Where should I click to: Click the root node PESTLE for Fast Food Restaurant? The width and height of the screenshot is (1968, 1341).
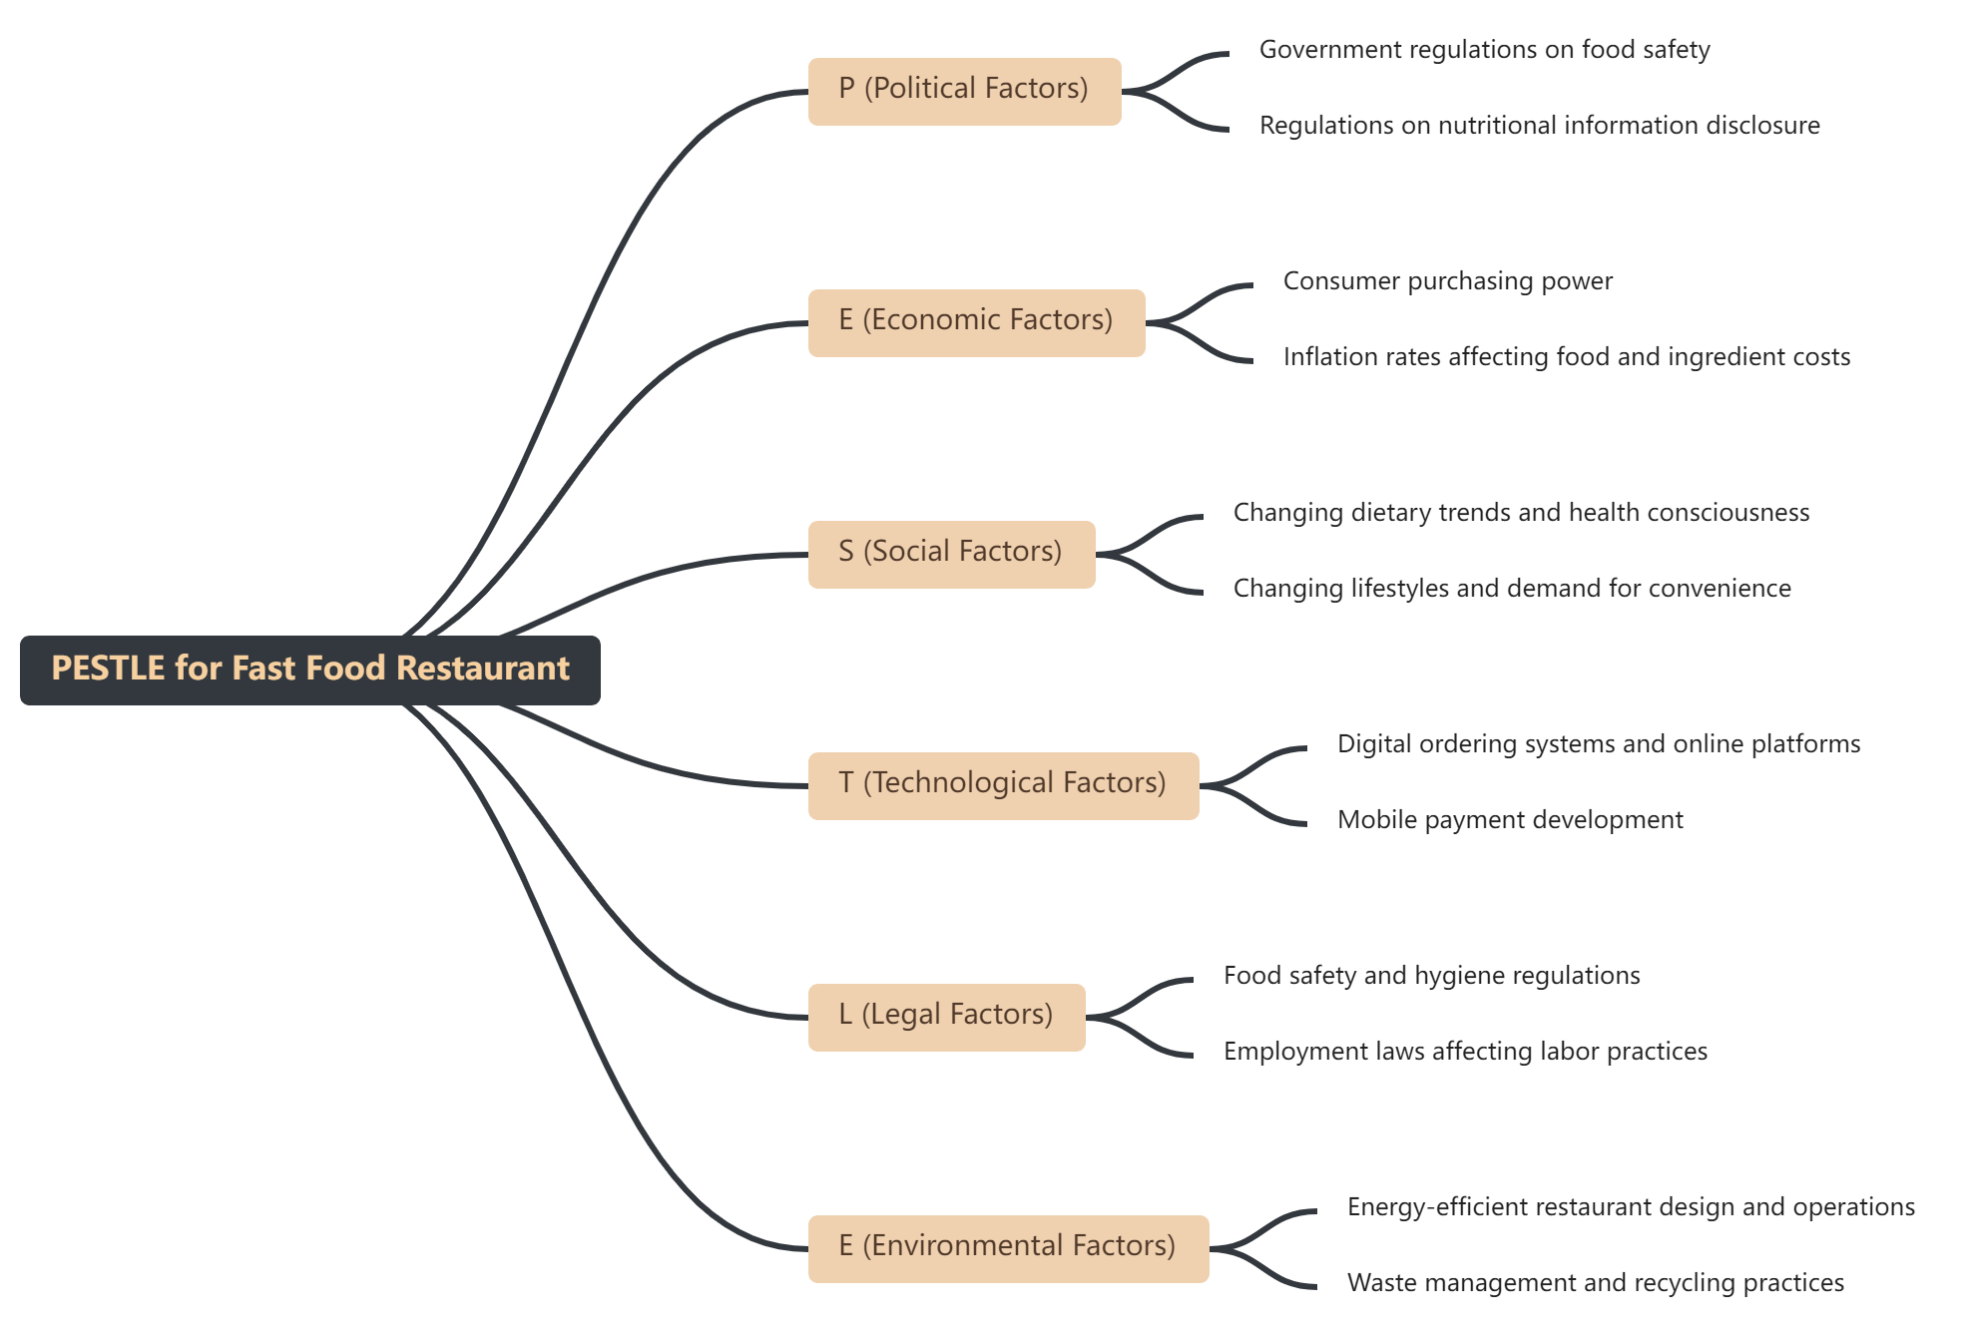click(x=309, y=670)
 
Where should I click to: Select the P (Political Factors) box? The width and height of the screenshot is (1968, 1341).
click(x=963, y=91)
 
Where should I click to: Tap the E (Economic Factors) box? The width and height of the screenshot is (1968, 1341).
click(x=975, y=322)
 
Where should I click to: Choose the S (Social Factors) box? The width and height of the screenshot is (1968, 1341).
click(x=950, y=554)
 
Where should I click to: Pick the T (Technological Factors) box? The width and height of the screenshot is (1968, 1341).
click(x=1002, y=785)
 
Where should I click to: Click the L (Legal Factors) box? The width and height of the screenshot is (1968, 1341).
click(x=945, y=1017)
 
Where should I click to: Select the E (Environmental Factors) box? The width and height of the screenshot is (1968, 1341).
click(x=1007, y=1248)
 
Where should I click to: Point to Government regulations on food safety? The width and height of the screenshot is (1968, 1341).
click(x=1484, y=50)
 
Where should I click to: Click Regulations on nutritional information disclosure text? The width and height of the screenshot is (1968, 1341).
click(x=1539, y=126)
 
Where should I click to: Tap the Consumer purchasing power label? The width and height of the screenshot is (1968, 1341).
click(x=1447, y=281)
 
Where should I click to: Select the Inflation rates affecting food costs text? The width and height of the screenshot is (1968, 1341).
click(x=1566, y=357)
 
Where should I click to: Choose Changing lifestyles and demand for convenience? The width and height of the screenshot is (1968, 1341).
click(x=1511, y=589)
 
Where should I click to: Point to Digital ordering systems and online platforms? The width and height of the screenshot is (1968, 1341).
click(x=1598, y=744)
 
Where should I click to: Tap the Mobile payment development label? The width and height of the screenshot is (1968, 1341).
click(x=1509, y=820)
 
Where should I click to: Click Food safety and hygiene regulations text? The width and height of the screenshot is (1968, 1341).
click(x=1431, y=976)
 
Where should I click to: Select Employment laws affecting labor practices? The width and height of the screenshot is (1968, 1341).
click(x=1464, y=1052)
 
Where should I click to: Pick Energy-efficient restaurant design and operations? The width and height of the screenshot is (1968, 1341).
click(x=1630, y=1207)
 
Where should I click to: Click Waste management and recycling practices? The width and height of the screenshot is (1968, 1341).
click(x=1595, y=1283)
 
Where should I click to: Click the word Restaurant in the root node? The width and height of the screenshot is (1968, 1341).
click(x=483, y=669)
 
